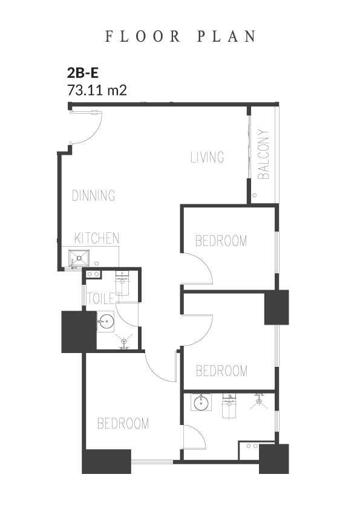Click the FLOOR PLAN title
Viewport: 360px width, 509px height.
tap(181, 36)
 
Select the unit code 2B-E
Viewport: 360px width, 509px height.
tap(82, 73)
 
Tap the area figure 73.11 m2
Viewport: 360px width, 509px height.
tap(97, 90)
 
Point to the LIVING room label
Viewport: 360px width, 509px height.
tap(207, 157)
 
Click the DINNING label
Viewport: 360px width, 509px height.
tap(94, 195)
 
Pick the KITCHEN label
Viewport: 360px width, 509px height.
tap(97, 238)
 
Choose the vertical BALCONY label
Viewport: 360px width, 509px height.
tap(264, 155)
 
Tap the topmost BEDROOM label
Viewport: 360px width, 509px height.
tap(221, 241)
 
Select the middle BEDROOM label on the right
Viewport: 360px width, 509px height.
tap(221, 371)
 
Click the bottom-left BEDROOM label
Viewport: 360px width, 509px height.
tap(123, 423)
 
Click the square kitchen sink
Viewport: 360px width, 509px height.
tap(79, 258)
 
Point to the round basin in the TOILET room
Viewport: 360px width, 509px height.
tap(106, 322)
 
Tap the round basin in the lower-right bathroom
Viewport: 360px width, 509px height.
tap(200, 403)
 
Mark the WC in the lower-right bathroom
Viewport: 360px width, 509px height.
tap(229, 406)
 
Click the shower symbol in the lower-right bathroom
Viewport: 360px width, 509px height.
tap(259, 401)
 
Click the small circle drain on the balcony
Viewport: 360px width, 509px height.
tap(255, 195)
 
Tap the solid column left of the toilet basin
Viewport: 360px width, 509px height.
tap(79, 332)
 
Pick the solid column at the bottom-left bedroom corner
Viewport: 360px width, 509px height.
tap(106, 461)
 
